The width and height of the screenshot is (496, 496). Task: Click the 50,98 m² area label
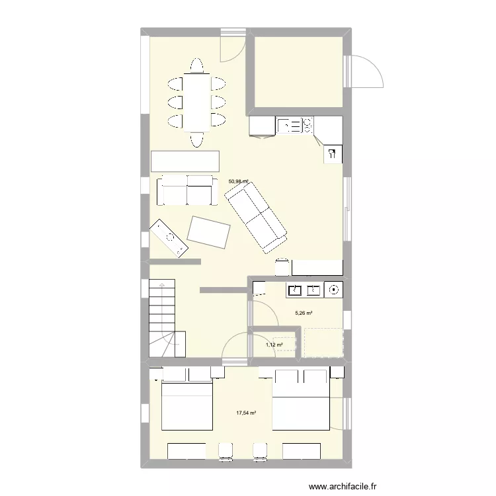(238, 181)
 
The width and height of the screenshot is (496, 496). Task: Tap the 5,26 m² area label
(304, 313)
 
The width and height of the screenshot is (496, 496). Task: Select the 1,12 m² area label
(274, 345)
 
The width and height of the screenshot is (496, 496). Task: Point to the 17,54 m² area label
(246, 413)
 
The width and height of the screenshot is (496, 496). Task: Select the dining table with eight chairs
(196, 103)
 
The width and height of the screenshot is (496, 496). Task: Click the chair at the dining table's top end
(196, 65)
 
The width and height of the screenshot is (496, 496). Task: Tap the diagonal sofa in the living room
(255, 216)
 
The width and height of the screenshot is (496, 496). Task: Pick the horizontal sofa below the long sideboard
(187, 190)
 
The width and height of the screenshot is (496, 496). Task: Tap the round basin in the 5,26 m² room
(334, 289)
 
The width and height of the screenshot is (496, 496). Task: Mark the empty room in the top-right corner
(299, 71)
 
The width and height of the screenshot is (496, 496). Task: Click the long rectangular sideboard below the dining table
(185, 161)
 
